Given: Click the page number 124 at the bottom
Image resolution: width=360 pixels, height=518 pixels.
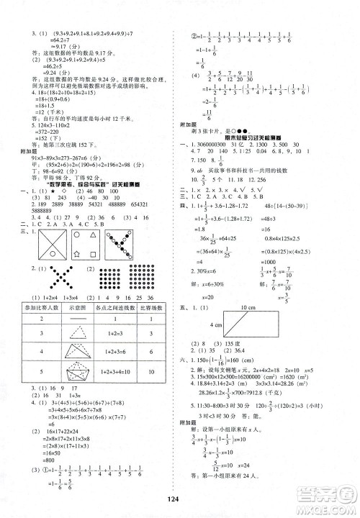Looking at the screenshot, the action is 180,502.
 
